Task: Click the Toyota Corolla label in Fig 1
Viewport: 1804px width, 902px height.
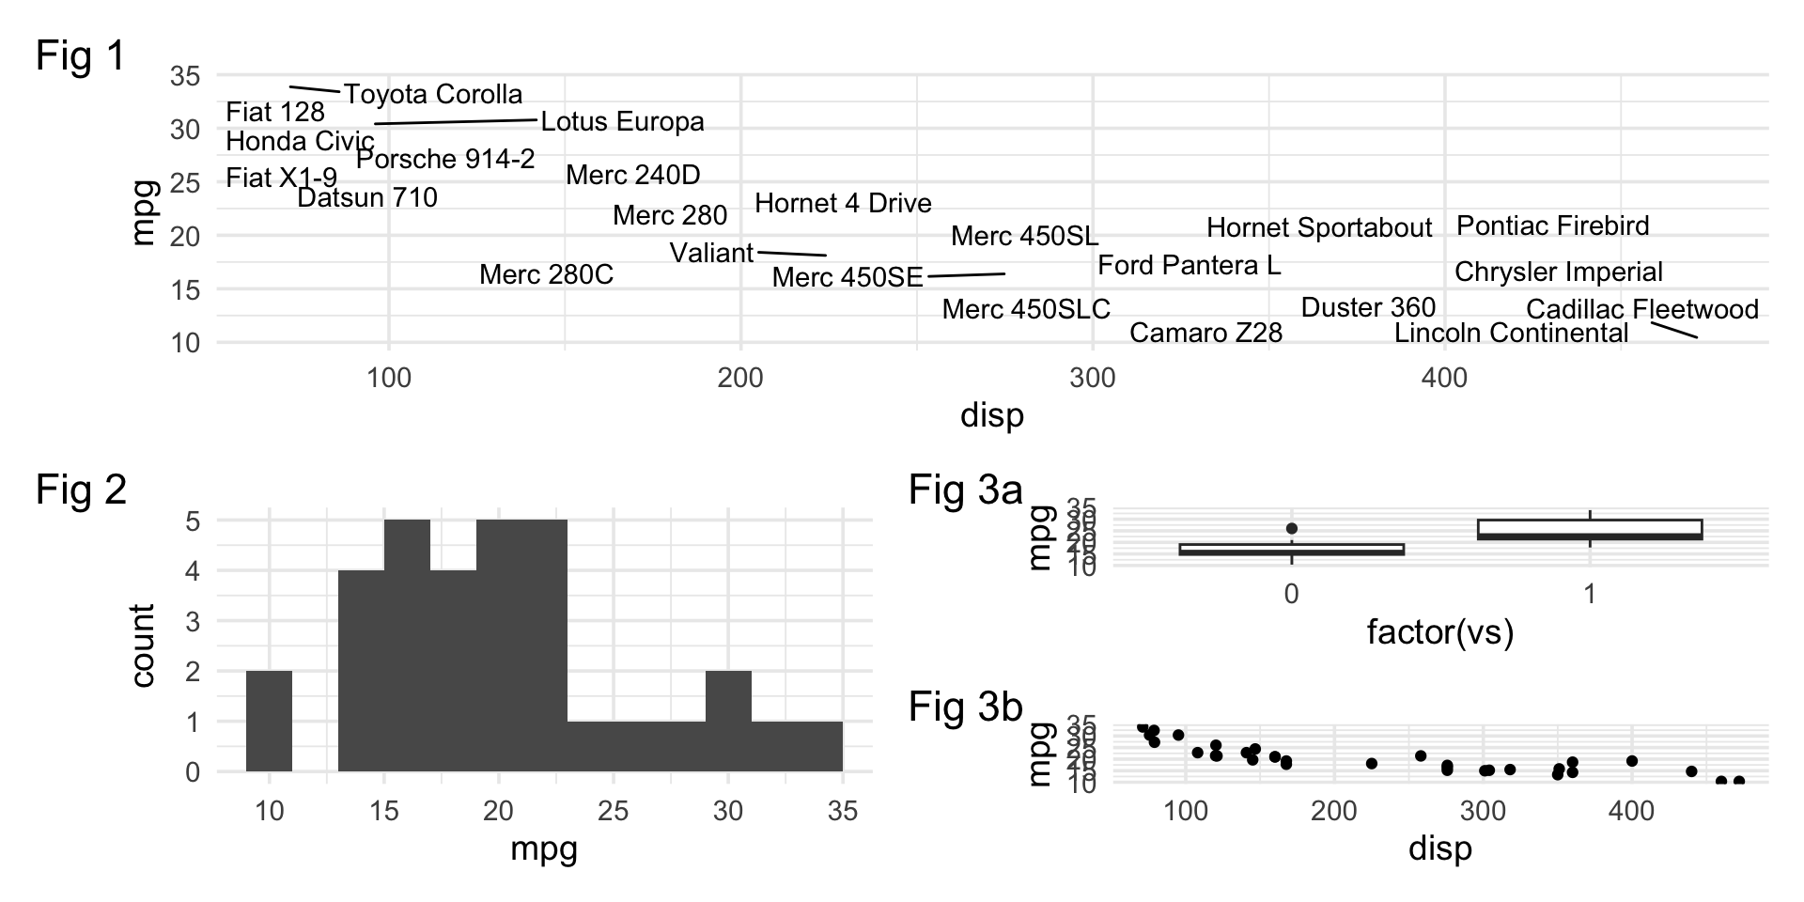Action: pyautogui.click(x=432, y=95)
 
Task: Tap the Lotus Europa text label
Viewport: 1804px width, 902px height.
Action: pyautogui.click(x=622, y=122)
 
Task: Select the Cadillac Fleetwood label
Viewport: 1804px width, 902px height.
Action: pyautogui.click(x=1641, y=309)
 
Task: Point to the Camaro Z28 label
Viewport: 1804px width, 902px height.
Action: pyautogui.click(x=1205, y=334)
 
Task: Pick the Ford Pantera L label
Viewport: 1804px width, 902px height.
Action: pyautogui.click(x=1189, y=266)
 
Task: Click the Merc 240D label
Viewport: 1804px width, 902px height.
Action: pyautogui.click(x=632, y=175)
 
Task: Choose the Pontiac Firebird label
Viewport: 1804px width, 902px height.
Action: pyautogui.click(x=1552, y=226)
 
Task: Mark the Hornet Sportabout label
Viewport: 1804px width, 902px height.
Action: pyautogui.click(x=1319, y=228)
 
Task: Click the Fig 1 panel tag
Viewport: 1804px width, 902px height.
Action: pyautogui.click(x=81, y=56)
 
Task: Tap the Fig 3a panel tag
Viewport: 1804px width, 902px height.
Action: pyautogui.click(x=965, y=490)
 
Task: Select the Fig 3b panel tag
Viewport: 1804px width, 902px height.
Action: pyautogui.click(x=965, y=708)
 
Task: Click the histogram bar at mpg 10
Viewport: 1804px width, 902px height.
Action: pyautogui.click(x=269, y=721)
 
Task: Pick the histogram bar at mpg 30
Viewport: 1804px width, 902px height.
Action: pyautogui.click(x=728, y=721)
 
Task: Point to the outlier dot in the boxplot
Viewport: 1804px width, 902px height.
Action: pyautogui.click(x=1292, y=529)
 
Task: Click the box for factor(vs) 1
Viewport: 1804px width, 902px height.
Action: pyautogui.click(x=1590, y=529)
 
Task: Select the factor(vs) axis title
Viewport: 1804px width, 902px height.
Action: pyautogui.click(x=1439, y=632)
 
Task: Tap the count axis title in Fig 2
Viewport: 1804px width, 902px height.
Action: pyautogui.click(x=143, y=645)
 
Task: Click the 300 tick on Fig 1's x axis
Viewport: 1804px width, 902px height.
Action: pyautogui.click(x=1093, y=379)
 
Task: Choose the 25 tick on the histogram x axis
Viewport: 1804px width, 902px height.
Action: pyautogui.click(x=613, y=811)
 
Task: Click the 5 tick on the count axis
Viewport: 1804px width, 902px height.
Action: pyautogui.click(x=193, y=521)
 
